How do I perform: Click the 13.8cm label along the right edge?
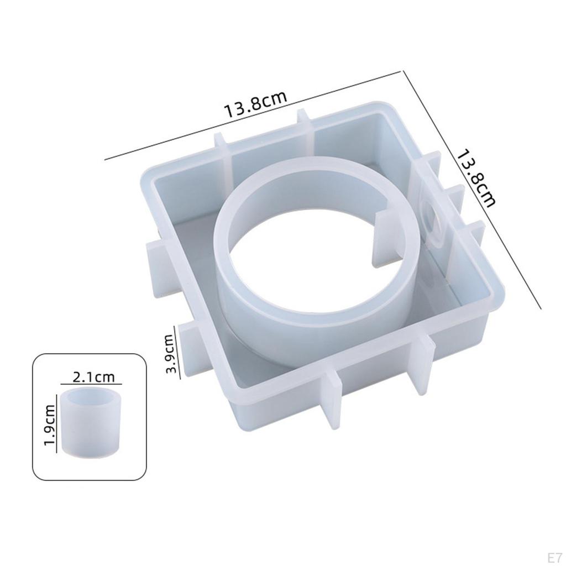point(476,179)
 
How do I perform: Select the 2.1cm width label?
point(93,377)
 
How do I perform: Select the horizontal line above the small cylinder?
point(91,384)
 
